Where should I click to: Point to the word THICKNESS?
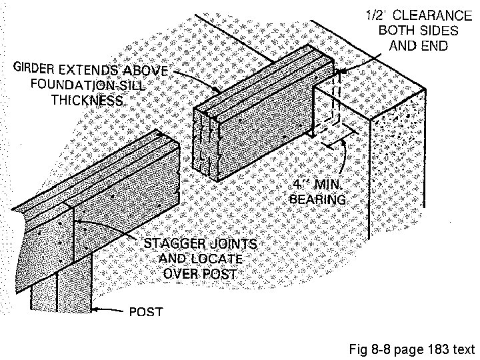coord(87,101)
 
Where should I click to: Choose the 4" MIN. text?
coord(320,185)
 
